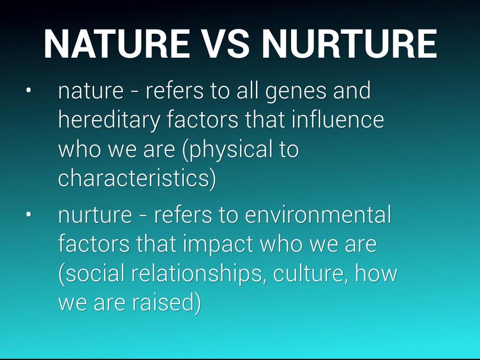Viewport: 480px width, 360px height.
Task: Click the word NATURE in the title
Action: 117,44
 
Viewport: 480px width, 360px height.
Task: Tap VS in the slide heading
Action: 225,44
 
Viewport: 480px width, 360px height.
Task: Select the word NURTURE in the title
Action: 349,44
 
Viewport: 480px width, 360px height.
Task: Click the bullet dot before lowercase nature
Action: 29,90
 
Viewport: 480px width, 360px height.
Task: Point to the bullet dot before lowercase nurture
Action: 29,215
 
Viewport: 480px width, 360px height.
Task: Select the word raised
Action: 163,302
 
